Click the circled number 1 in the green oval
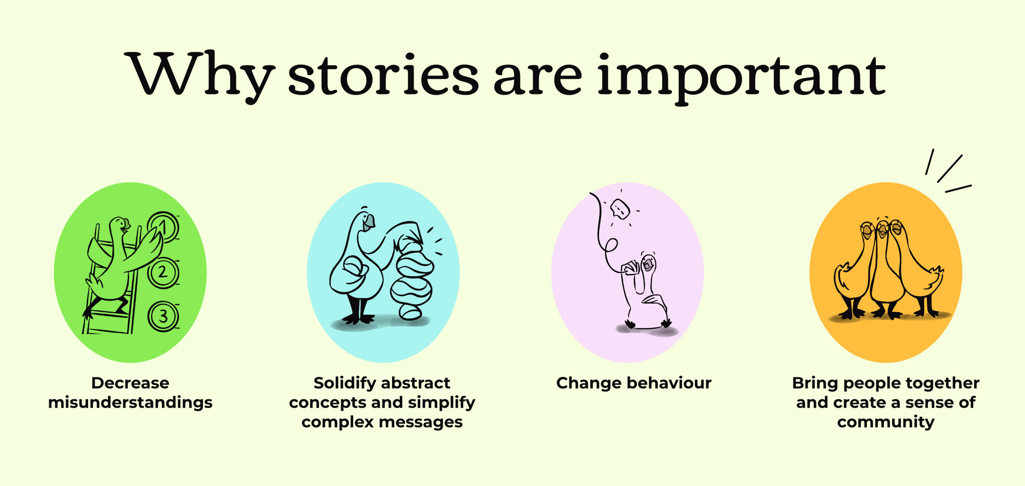(x=163, y=226)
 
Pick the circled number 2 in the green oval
(x=163, y=272)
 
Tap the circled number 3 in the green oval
(x=163, y=316)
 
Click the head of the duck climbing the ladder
(x=119, y=226)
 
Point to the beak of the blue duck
(x=368, y=222)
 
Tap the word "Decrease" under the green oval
(x=130, y=383)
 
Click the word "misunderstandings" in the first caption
(x=130, y=402)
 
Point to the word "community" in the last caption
(x=886, y=422)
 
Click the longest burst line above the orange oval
(x=950, y=168)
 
